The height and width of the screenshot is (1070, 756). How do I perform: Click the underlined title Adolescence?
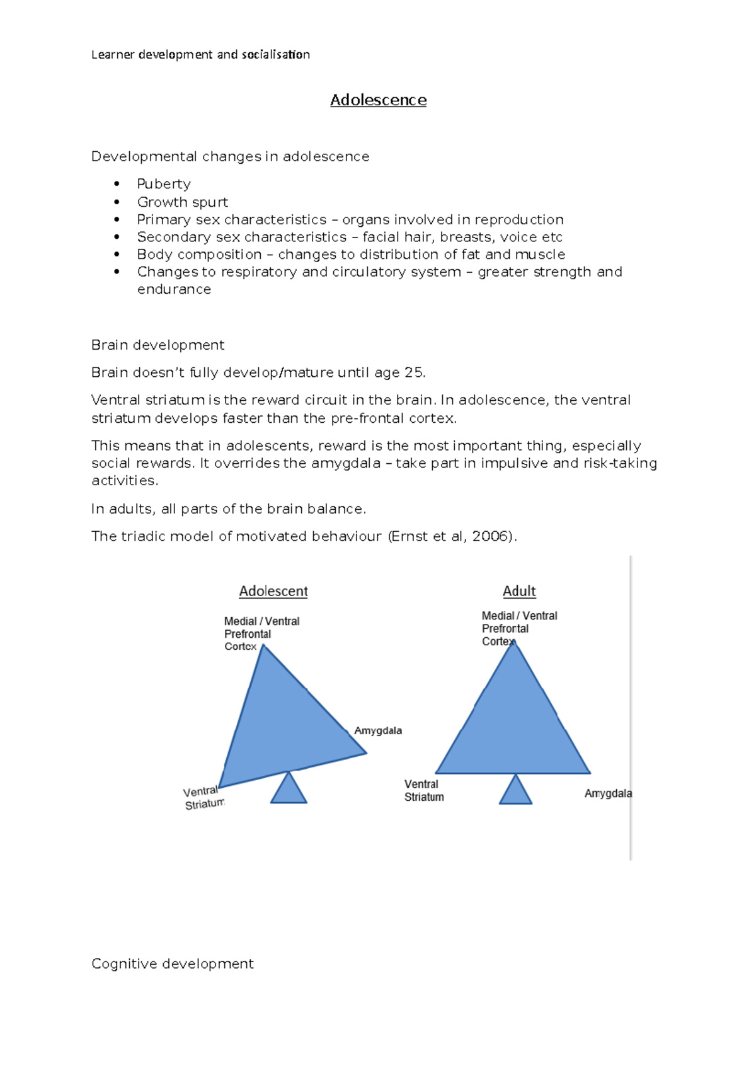tap(378, 100)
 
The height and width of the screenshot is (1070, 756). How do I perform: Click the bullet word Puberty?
tap(164, 184)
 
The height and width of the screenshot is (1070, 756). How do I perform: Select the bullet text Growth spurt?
tap(183, 202)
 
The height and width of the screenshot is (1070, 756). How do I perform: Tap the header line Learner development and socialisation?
tap(200, 55)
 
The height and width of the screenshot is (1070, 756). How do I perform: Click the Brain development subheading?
tap(157, 345)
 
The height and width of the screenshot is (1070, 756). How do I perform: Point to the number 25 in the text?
tap(413, 372)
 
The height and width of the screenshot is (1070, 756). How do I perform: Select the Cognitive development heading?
tap(172, 964)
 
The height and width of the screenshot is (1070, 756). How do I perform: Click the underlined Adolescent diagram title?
tap(273, 591)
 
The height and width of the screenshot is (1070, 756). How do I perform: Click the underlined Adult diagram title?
tap(519, 591)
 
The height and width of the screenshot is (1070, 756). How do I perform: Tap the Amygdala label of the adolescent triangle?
tap(378, 730)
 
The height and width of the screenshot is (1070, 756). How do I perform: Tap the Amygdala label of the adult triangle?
tap(607, 793)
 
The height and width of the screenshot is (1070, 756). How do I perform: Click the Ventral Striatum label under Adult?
tap(424, 790)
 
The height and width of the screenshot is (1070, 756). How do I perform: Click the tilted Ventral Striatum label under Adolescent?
tap(203, 798)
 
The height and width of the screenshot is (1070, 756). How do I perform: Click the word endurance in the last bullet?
tap(174, 289)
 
